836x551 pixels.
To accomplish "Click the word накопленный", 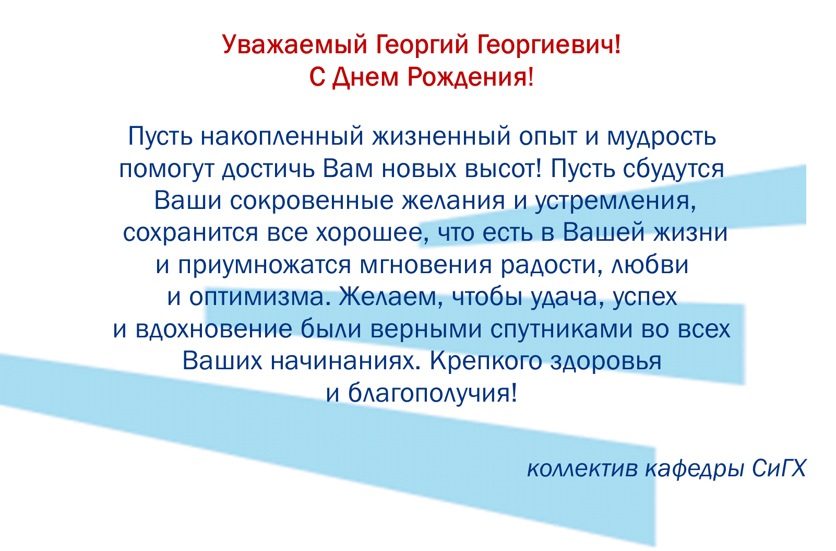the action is pos(282,137).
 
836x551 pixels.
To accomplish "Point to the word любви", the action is pos(650,265).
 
